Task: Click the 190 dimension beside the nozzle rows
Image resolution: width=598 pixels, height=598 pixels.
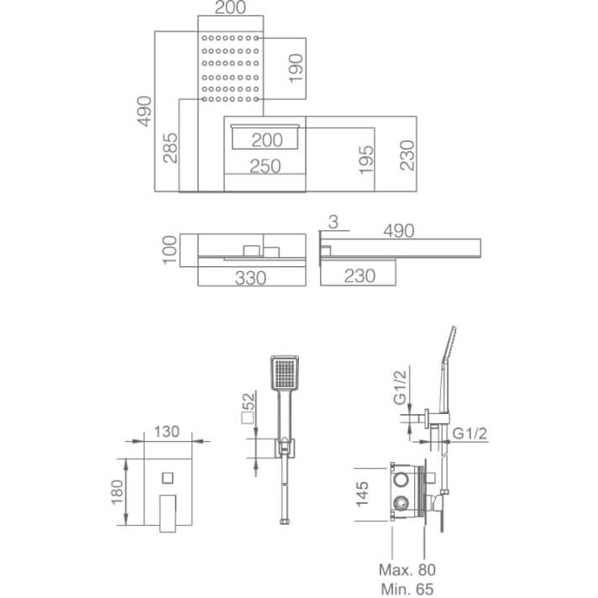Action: (x=296, y=68)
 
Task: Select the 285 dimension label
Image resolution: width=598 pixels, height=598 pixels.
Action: (x=170, y=148)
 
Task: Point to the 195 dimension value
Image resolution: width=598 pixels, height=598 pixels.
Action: (x=366, y=160)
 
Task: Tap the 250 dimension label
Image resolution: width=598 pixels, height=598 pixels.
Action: (x=265, y=166)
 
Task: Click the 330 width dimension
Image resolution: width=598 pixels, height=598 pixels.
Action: (x=250, y=278)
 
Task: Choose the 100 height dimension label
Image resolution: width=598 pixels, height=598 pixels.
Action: (x=170, y=249)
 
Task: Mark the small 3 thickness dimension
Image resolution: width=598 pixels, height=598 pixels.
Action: (x=333, y=222)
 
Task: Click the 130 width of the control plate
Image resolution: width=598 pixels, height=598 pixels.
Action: (x=166, y=432)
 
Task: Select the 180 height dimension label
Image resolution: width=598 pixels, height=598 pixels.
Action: (x=118, y=492)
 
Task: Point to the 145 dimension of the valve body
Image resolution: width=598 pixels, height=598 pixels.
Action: (x=362, y=494)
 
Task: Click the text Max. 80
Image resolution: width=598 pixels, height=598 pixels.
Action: (x=407, y=569)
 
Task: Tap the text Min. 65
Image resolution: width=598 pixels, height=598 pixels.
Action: (x=407, y=590)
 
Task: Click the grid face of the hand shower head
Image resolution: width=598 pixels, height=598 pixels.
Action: (x=285, y=374)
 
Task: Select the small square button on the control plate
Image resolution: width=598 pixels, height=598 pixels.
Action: (x=168, y=478)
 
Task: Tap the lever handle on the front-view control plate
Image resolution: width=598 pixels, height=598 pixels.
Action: (x=168, y=513)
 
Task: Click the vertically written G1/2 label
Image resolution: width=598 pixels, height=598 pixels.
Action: (x=400, y=387)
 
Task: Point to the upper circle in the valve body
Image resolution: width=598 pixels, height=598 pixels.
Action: (x=401, y=480)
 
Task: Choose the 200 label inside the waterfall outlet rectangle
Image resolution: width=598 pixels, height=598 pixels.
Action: (x=267, y=140)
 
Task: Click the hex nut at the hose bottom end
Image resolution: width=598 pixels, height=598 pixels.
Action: (x=284, y=521)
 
